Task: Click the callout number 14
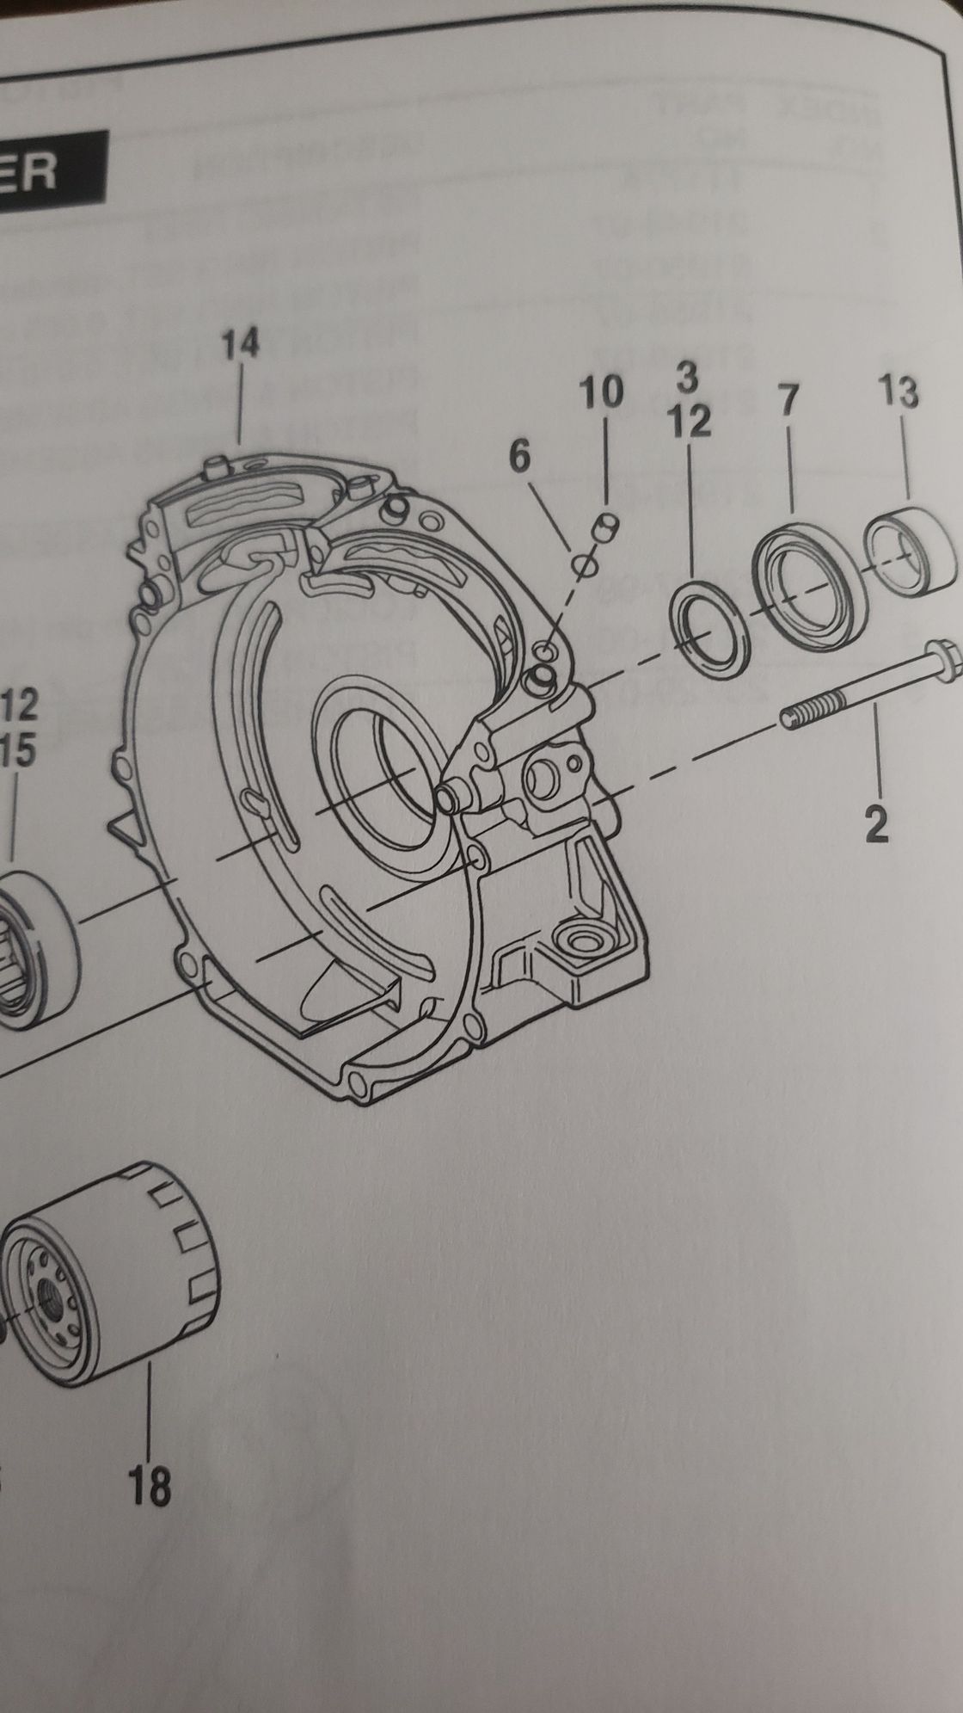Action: [x=240, y=345]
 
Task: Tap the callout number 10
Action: [x=600, y=393]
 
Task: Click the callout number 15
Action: [x=19, y=750]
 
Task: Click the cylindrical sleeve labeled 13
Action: [x=910, y=551]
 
